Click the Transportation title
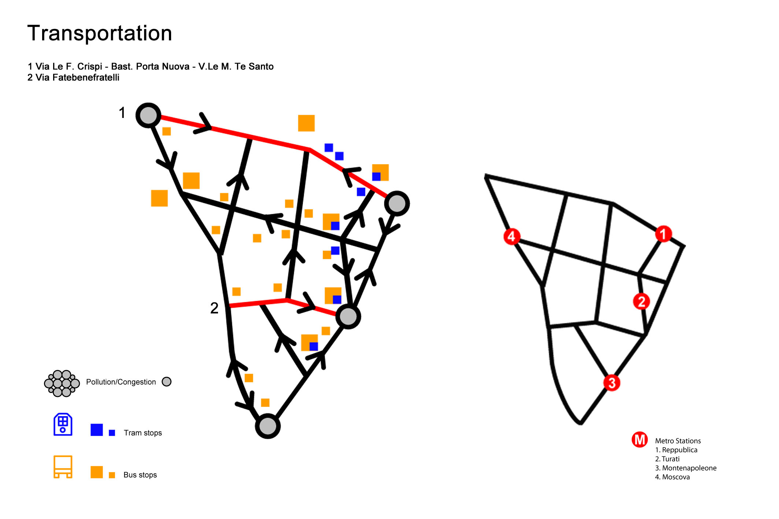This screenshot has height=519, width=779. pos(100,33)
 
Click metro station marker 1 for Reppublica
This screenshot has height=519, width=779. pos(663,234)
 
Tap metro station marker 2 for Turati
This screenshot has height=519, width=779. pos(641,301)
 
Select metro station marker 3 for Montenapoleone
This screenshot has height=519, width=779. pos(612,383)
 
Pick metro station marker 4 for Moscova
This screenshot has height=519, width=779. pos(512,236)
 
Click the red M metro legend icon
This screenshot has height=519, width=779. pos(640,440)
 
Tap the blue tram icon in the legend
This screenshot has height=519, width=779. pos(63,425)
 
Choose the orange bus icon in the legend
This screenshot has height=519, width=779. pos(63,467)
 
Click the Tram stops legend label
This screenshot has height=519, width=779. pos(143,433)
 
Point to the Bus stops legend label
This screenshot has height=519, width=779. pos(140,475)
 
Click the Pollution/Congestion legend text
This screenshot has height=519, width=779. pos(121,382)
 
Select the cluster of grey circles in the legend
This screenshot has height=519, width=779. pos(62,383)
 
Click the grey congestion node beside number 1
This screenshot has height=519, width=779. pos(148,115)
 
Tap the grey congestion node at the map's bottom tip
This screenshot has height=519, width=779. pos(268,426)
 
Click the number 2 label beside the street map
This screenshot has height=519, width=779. pos(214,308)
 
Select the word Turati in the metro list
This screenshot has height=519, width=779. pos(671,459)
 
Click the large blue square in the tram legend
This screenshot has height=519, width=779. pos(97,430)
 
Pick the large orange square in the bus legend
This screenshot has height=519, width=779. pos(97,472)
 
